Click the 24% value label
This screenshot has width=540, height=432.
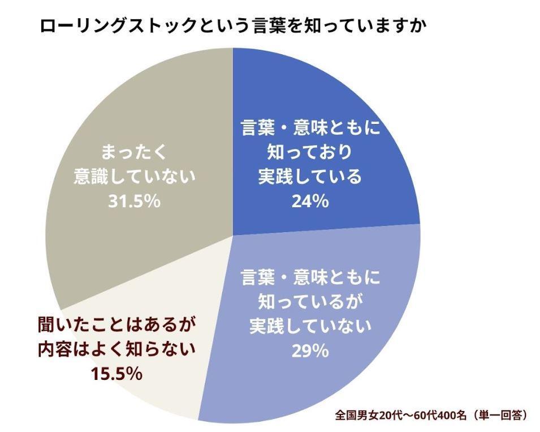309,201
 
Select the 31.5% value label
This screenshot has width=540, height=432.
135,201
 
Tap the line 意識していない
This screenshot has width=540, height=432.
135,176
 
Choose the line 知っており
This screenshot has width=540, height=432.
309,152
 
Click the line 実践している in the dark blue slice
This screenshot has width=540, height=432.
309,177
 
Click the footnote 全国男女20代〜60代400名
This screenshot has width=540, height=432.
400,415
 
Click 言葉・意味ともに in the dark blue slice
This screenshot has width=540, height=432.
309,127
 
